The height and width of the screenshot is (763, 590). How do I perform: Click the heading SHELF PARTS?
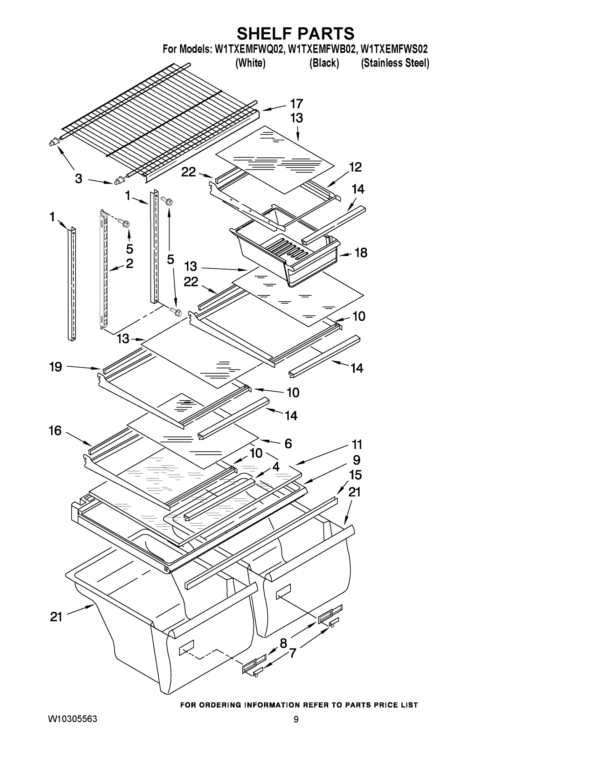[x=295, y=34]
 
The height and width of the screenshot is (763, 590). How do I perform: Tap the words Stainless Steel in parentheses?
[x=395, y=63]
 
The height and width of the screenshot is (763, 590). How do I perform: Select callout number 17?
[x=296, y=104]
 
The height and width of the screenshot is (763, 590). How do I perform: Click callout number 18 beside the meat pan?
[x=361, y=253]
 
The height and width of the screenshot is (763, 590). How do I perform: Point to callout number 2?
[x=129, y=264]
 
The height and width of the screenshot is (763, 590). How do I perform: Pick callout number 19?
[x=55, y=367]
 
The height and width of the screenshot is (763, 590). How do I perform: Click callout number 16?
[x=55, y=431]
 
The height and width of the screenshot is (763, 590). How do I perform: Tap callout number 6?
[x=288, y=444]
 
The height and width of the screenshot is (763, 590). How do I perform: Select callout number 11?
[x=357, y=445]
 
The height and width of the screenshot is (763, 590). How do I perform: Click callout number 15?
[x=356, y=475]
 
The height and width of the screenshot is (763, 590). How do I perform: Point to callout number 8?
[x=283, y=643]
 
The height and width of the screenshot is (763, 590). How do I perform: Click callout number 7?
[x=293, y=653]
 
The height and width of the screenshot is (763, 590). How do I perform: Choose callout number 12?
[x=355, y=167]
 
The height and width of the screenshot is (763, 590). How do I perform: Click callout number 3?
[x=79, y=179]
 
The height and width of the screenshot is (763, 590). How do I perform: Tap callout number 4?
[x=276, y=467]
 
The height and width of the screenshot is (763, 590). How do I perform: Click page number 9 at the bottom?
[x=296, y=719]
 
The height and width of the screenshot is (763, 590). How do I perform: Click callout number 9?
[x=356, y=460]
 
